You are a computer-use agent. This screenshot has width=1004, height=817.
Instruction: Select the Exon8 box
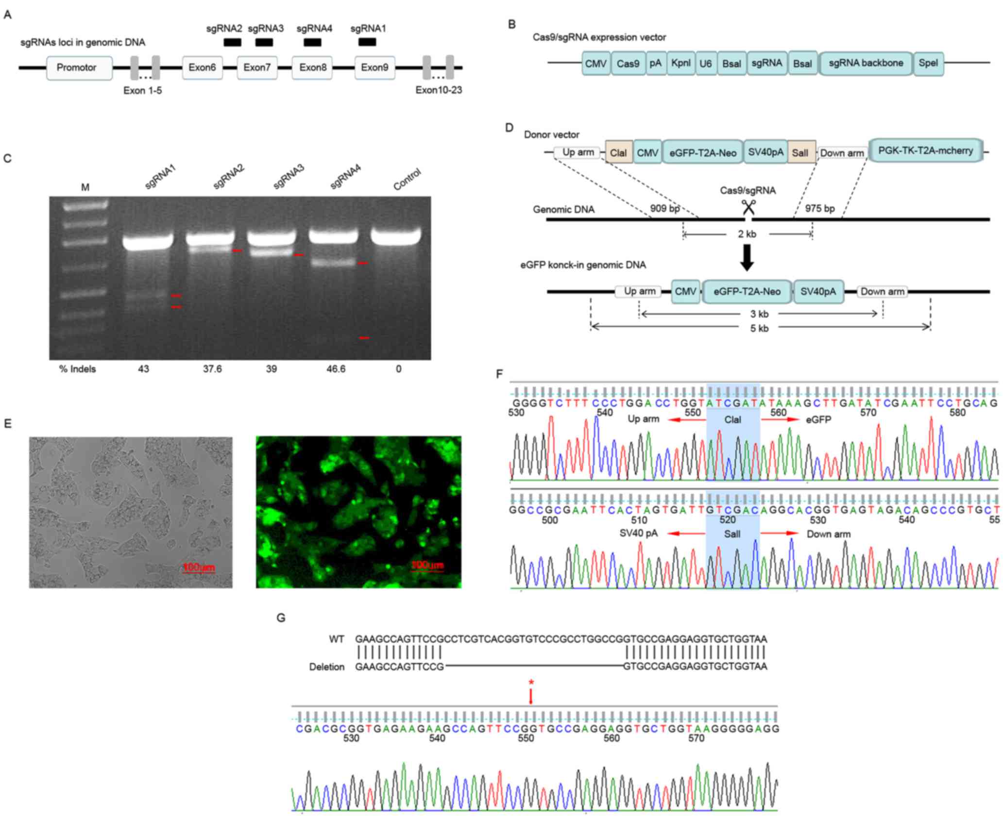click(x=312, y=68)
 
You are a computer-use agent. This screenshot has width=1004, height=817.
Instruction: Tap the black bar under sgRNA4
click(x=312, y=43)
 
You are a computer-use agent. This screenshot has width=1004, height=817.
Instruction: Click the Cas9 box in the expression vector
click(x=628, y=64)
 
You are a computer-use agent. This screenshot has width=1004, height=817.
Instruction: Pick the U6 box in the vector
click(x=705, y=64)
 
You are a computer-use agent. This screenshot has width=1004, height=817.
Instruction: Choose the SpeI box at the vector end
click(x=928, y=64)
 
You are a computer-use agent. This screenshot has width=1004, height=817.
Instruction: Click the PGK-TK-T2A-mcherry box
click(x=925, y=151)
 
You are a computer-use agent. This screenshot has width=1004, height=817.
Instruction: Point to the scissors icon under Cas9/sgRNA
click(x=748, y=207)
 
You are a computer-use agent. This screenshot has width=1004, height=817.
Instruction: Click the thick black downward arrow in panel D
click(x=747, y=257)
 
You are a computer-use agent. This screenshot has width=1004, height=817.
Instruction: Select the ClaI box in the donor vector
click(x=618, y=153)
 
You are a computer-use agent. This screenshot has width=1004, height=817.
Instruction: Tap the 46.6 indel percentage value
click(x=336, y=369)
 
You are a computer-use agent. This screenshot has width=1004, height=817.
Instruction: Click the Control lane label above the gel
click(x=407, y=180)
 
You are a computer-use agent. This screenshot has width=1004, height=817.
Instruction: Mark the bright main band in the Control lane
click(x=396, y=236)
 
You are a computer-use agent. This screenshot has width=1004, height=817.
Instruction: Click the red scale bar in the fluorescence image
click(x=427, y=570)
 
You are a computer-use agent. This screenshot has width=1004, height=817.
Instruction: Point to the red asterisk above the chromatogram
click(x=531, y=683)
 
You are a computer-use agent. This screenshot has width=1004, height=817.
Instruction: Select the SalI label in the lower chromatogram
click(x=732, y=534)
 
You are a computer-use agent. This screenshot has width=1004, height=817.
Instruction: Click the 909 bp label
click(x=665, y=209)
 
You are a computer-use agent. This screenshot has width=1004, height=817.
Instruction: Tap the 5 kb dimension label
click(x=759, y=329)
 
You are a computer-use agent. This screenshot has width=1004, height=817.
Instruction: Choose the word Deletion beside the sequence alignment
click(x=326, y=667)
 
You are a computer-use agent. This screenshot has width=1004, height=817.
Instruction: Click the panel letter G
click(x=281, y=618)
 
